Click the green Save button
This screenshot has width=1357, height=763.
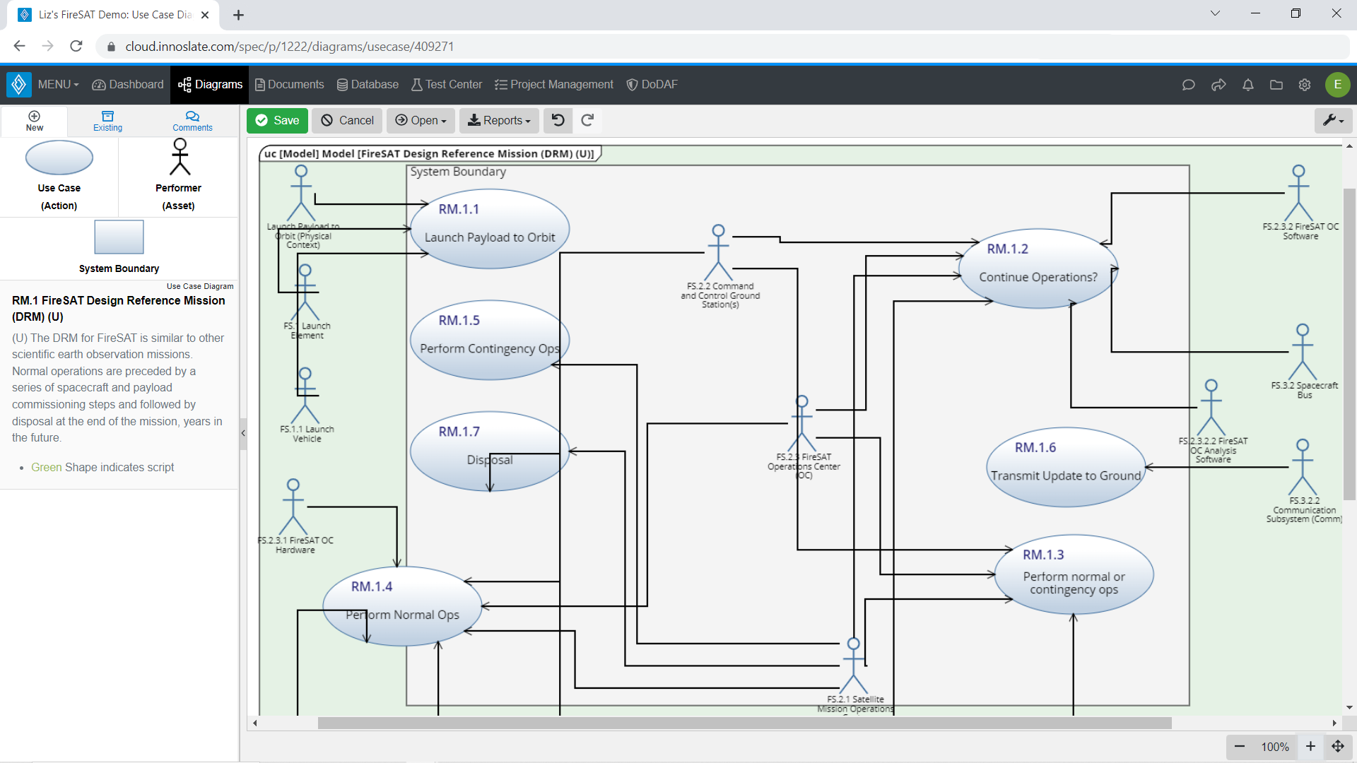tap(277, 121)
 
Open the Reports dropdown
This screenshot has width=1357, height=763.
tap(499, 121)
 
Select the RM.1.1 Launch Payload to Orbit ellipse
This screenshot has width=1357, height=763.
tap(490, 229)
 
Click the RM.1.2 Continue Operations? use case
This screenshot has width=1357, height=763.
tap(1038, 269)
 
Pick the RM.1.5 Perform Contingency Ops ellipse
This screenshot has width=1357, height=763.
tap(489, 340)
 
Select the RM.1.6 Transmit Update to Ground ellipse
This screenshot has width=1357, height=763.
tap(1065, 467)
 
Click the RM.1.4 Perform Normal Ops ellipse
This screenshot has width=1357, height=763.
tap(402, 606)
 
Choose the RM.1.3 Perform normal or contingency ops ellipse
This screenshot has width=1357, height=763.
tap(1074, 574)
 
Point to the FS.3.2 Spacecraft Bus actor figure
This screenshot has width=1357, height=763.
tap(1302, 353)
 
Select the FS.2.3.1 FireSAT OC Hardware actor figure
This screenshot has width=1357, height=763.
tap(293, 507)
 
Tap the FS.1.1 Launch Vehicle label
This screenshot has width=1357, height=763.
tap(307, 434)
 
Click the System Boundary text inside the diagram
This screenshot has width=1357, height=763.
tap(458, 172)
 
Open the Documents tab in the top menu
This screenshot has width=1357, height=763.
tap(290, 85)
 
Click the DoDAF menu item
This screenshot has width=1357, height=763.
tap(652, 85)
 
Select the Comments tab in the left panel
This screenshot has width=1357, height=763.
tap(192, 121)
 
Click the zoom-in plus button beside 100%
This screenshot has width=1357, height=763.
tap(1310, 747)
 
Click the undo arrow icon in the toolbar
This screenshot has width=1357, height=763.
tap(558, 121)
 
